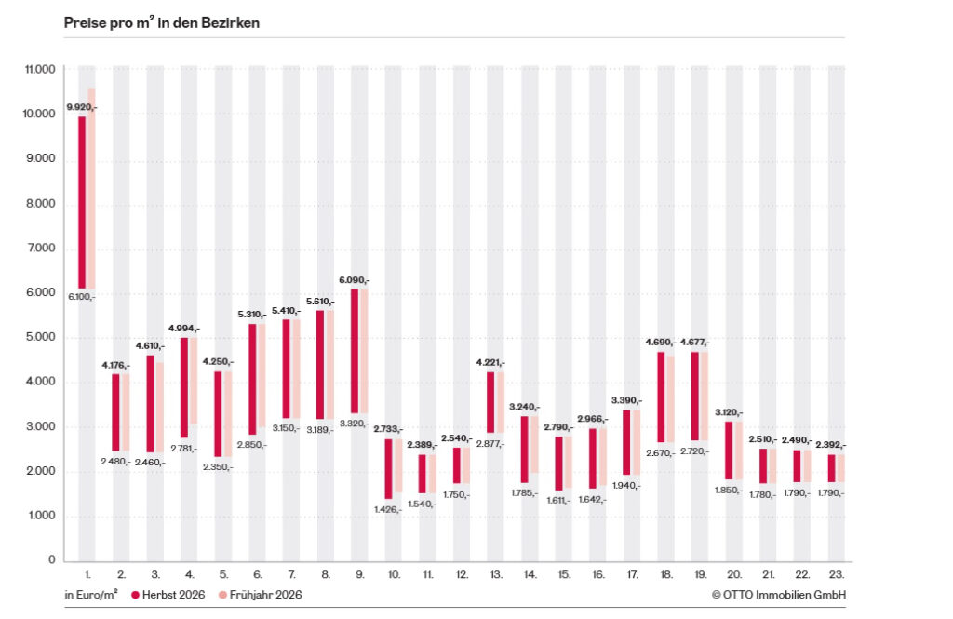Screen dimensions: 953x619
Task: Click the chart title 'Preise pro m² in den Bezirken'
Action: [162, 22]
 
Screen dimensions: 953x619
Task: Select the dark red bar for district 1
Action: [82, 203]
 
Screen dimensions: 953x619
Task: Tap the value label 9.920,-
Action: [82, 107]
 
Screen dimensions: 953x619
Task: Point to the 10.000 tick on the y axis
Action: [39, 114]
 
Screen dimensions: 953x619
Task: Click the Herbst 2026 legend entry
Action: [168, 595]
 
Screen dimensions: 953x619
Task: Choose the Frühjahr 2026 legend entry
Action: [261, 595]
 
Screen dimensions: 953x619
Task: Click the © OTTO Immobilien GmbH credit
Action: [779, 595]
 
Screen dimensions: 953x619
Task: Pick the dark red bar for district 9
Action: [355, 352]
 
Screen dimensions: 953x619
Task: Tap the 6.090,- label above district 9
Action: [354, 280]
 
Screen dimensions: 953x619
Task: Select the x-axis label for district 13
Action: [496, 574]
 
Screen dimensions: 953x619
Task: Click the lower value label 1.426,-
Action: [387, 509]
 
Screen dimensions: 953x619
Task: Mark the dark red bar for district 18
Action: [661, 397]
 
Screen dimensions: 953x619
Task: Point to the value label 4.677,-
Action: [694, 343]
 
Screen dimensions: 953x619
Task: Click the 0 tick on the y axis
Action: [52, 559]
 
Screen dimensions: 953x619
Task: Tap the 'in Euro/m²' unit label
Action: [91, 595]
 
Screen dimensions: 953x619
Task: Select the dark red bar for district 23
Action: [831, 468]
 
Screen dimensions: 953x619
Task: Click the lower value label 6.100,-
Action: [82, 297]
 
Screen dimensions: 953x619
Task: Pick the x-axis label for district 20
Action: [734, 574]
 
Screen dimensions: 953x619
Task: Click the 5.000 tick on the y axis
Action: [40, 337]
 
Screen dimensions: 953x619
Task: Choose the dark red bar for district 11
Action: [423, 474]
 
